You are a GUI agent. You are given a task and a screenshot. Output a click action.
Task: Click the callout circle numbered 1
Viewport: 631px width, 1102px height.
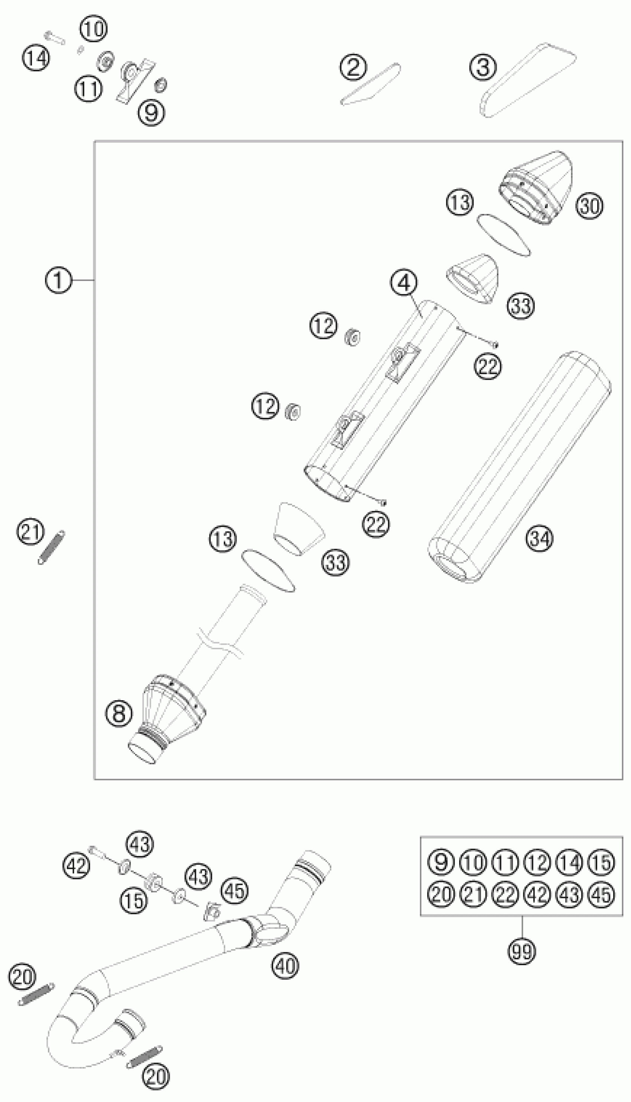point(58,281)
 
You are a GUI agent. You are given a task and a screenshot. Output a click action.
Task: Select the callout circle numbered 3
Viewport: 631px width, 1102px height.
point(483,68)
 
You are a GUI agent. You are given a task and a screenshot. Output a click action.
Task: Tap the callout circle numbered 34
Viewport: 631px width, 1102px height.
point(540,539)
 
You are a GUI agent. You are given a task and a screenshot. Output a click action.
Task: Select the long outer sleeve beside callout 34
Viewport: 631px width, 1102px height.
point(520,466)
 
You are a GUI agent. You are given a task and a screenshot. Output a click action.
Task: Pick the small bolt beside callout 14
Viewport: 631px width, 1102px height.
point(54,37)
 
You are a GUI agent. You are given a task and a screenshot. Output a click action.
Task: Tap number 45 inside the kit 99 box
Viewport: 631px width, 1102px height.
point(602,894)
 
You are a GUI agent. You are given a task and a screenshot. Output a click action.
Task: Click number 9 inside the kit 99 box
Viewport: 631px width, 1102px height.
point(441,862)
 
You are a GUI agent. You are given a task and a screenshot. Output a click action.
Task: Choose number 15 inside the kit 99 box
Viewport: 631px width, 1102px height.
point(602,862)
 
